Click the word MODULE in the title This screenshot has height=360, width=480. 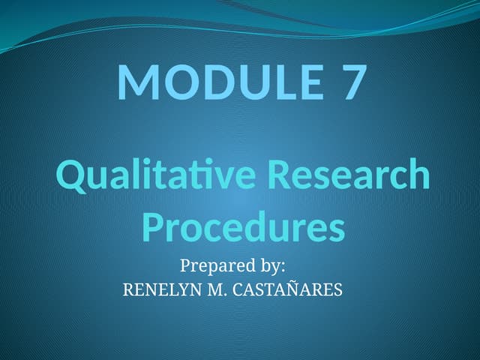click(214, 82)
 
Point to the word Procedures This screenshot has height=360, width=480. click(243, 227)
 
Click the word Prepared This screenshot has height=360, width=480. click(217, 265)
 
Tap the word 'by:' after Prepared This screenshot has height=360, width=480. click(273, 265)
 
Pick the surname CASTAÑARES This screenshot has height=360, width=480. click(286, 289)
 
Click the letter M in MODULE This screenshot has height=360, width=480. click(135, 82)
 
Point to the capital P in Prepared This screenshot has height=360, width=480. click(185, 265)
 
